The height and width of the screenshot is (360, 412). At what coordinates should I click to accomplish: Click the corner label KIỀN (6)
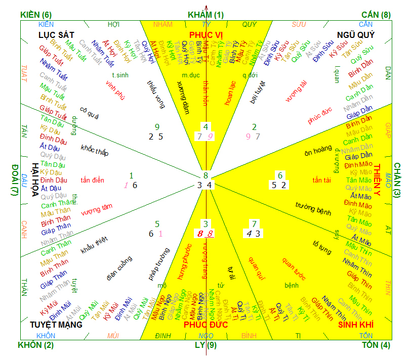(36, 15)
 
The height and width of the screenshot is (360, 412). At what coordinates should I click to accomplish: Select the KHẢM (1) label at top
(205, 15)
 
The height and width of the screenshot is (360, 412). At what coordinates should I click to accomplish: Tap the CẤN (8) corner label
(377, 15)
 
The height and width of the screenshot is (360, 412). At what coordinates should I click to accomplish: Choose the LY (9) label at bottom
(205, 345)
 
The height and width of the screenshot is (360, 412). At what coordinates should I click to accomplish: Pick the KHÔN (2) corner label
(35, 345)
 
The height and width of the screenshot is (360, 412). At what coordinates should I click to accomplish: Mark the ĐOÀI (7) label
(15, 180)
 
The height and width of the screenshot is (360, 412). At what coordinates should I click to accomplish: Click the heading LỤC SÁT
(56, 34)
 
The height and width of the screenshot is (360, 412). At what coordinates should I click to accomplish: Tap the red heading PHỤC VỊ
(206, 34)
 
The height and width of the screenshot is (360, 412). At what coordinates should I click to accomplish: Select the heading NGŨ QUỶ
(356, 34)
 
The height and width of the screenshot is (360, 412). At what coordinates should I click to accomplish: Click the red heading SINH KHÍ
(355, 325)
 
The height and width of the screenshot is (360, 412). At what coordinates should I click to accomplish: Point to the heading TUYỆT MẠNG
(56, 325)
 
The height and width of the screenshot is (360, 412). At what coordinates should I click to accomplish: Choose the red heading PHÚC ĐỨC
(205, 325)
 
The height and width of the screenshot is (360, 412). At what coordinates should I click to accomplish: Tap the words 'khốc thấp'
(95, 150)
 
